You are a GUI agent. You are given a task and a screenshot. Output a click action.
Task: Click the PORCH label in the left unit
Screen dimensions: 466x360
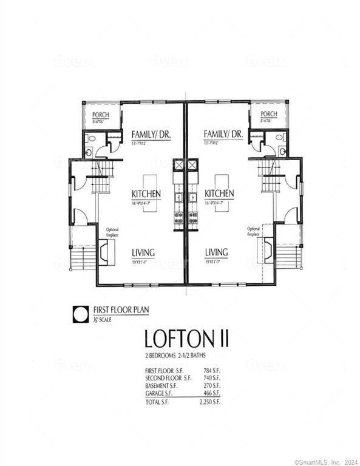(x=100, y=115)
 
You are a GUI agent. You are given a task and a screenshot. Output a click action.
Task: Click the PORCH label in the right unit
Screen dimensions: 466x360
(x=268, y=115)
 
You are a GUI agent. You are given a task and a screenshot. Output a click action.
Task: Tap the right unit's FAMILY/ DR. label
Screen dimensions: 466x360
(x=223, y=134)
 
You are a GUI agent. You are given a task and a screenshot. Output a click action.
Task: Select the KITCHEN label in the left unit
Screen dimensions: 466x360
(x=146, y=194)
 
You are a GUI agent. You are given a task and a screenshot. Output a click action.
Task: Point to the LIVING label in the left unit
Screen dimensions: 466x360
(x=143, y=252)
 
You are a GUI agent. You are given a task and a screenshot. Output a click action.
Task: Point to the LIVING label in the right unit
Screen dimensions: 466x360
(x=216, y=252)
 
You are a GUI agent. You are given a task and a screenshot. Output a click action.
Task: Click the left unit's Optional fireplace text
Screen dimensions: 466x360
(x=112, y=231)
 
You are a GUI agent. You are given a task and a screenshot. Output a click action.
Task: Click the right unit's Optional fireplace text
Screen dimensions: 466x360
(x=253, y=231)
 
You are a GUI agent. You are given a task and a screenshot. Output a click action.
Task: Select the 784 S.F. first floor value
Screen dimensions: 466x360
(x=212, y=370)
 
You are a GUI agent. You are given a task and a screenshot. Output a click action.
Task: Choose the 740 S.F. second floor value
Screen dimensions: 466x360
(x=212, y=377)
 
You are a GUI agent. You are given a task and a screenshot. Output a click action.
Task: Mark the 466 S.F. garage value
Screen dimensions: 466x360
(x=212, y=393)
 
